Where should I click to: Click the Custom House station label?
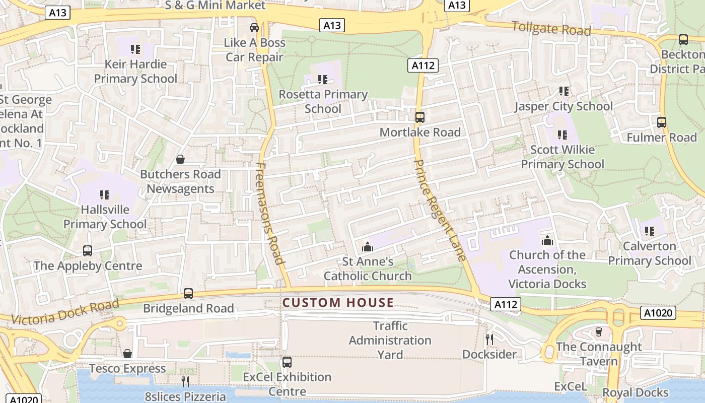(338, 303)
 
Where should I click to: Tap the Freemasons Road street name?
(270, 213)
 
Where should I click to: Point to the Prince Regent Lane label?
(439, 210)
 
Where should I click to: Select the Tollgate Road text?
(551, 29)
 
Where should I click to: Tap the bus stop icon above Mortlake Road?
(419, 117)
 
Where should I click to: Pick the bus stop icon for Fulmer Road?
(662, 122)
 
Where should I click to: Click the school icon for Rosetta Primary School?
(323, 80)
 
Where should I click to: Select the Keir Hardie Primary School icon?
(135, 49)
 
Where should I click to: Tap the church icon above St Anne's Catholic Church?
(368, 247)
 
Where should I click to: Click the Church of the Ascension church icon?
(547, 240)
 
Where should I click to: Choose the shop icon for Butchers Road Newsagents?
(180, 160)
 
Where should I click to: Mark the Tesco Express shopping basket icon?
(127, 354)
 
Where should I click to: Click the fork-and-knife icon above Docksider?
(489, 339)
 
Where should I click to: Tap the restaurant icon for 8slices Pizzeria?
(185, 381)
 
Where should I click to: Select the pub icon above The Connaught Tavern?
(598, 332)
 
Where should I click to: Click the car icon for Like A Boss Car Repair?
(254, 28)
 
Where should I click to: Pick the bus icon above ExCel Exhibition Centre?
(287, 362)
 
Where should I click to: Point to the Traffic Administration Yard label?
(390, 341)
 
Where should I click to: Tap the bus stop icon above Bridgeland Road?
(188, 293)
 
